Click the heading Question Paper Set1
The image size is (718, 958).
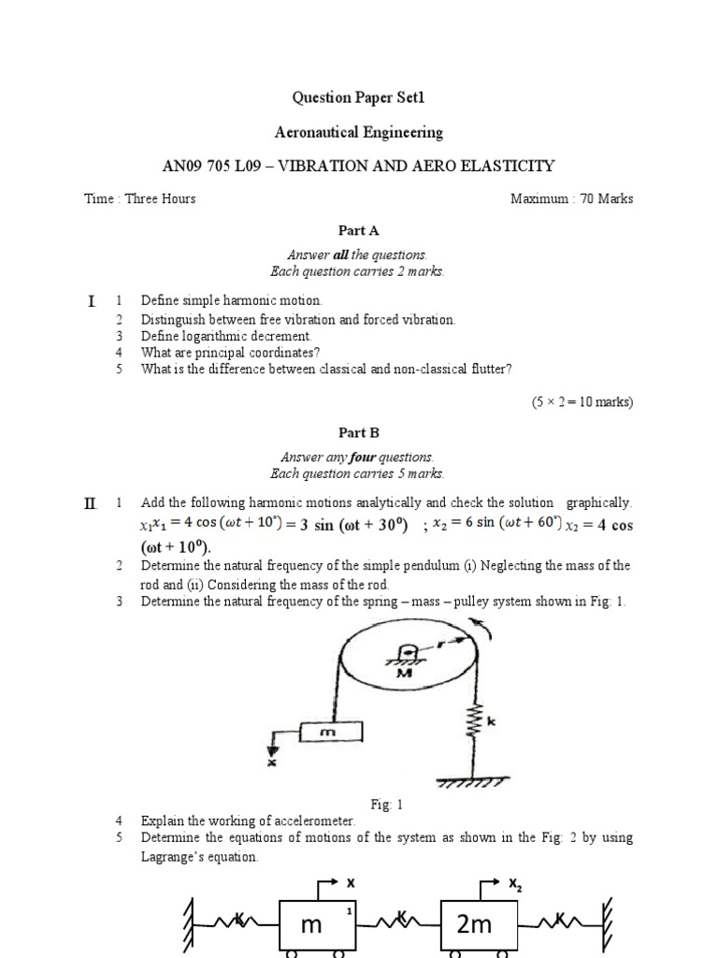(359, 97)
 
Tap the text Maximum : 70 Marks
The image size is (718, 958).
(572, 198)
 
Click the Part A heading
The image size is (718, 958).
(358, 230)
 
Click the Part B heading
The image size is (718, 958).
(358, 433)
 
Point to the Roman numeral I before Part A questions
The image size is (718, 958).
(91, 301)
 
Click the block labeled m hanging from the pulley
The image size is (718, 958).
(329, 734)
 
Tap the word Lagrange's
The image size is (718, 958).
(176, 856)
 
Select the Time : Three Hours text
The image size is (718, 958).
(140, 198)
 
